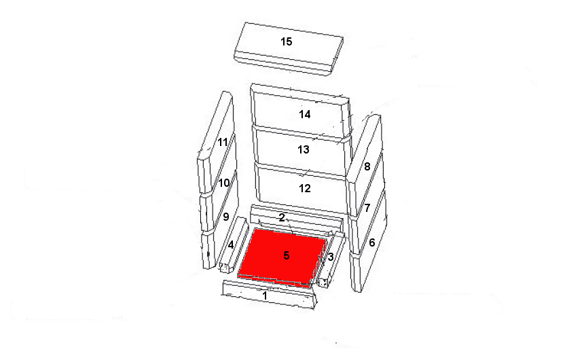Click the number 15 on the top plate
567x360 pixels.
click(286, 41)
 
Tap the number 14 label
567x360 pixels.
click(304, 114)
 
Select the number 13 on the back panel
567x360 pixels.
click(304, 149)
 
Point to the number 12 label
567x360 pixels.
click(304, 188)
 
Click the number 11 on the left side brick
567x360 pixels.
click(223, 142)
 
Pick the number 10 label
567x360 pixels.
click(224, 183)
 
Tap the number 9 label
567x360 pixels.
click(226, 217)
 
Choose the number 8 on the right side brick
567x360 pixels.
click(367, 166)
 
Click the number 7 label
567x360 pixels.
click(367, 208)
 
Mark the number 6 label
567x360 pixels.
click(371, 242)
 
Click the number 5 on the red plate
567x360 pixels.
click(287, 255)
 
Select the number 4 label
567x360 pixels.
click(230, 245)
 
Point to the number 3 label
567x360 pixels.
click(331, 257)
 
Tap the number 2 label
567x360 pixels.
click(282, 217)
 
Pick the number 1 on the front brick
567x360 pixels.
click(265, 295)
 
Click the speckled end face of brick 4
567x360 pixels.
click(224, 268)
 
